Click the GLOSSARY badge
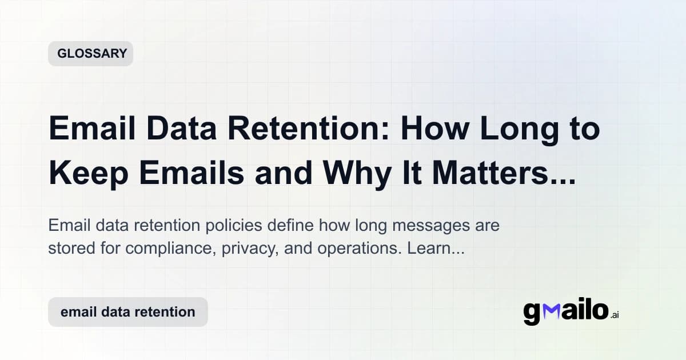pos(91,54)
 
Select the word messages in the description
pos(427,226)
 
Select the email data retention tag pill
pos(127,312)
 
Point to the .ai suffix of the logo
pos(615,315)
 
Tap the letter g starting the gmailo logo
pos(532,313)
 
